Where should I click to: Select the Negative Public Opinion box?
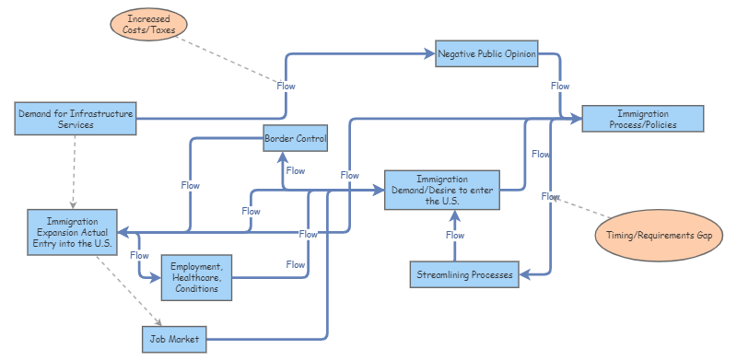tap(486, 53)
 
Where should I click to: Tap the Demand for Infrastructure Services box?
tap(76, 119)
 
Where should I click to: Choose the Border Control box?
tap(295, 139)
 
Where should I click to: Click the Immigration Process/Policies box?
tap(643, 119)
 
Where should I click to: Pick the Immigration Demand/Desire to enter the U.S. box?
tap(441, 190)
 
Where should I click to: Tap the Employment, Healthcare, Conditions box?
tap(195, 276)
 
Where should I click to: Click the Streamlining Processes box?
tap(462, 273)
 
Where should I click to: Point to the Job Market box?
tap(175, 340)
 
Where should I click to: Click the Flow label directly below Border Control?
tap(296, 170)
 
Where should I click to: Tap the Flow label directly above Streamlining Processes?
tap(455, 235)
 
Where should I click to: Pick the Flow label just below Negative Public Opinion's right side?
tap(560, 86)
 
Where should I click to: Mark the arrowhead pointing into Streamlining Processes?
tap(521, 273)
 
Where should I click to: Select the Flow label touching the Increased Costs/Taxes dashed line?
tap(287, 86)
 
